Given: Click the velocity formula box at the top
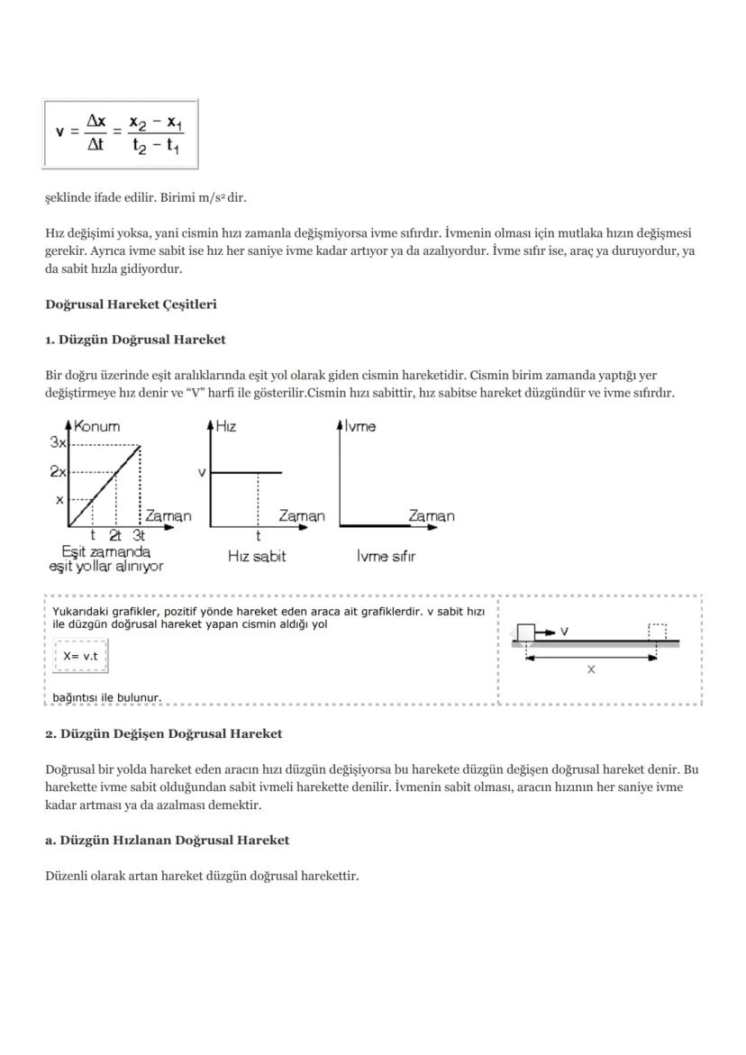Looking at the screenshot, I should click(120, 133).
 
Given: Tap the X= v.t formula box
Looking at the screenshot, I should click(80, 656).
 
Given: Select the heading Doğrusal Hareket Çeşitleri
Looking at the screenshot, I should click(131, 305).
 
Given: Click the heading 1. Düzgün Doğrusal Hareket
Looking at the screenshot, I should click(135, 340).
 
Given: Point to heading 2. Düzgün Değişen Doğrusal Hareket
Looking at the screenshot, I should click(163, 733).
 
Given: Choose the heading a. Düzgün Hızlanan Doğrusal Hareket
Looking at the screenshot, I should click(167, 840).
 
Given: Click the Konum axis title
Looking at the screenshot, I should click(96, 426).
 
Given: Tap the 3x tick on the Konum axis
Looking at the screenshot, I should click(57, 442).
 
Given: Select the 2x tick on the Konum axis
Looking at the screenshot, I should click(57, 470).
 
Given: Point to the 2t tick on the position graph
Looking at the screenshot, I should click(115, 534).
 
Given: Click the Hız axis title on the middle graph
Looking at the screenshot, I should click(226, 426).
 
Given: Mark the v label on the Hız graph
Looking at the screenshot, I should click(202, 472).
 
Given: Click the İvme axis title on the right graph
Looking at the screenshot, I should click(360, 426).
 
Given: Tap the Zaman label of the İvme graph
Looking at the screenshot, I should click(432, 516).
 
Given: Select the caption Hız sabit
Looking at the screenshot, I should click(257, 557).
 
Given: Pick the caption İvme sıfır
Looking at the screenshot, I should click(386, 557).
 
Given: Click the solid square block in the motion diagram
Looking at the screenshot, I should click(525, 632).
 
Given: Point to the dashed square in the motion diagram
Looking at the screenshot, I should click(658, 632).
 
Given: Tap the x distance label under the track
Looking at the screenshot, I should click(591, 669).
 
